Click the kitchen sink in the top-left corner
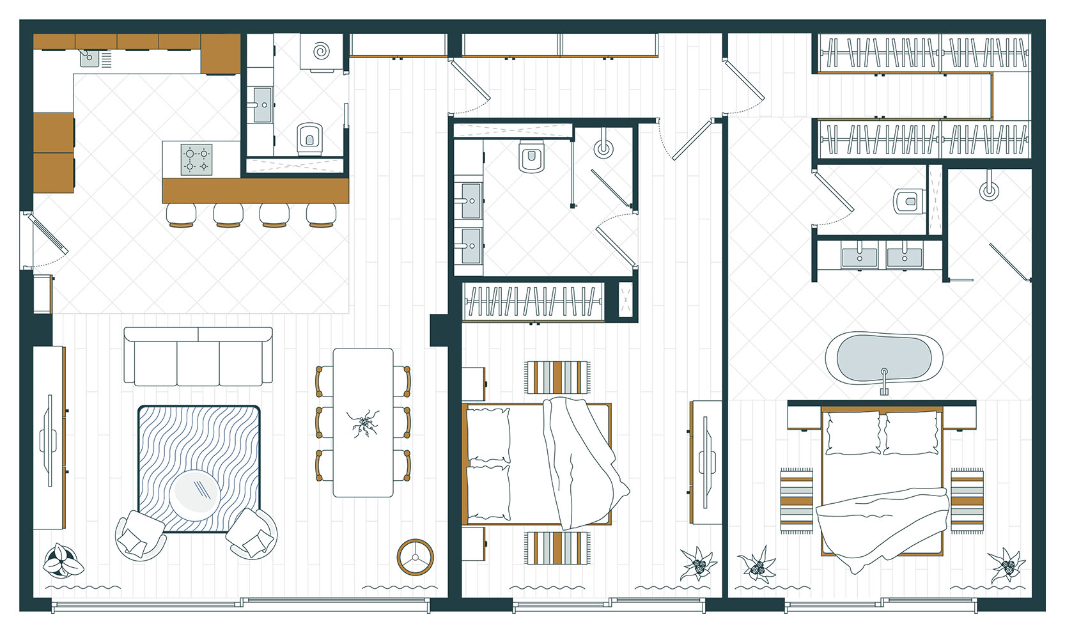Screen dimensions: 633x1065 tap(89, 59)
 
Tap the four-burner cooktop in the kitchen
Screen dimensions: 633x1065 tap(196, 159)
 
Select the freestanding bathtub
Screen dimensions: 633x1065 tap(883, 358)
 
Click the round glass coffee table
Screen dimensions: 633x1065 tap(196, 493)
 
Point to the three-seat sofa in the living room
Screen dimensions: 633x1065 tap(198, 357)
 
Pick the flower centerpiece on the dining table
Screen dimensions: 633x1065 tap(363, 423)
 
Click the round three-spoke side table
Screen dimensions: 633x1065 tap(415, 557)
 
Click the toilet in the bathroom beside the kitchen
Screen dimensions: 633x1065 tap(310, 138)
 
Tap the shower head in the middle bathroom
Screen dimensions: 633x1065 tap(603, 148)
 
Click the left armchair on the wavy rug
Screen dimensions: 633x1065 tap(139, 535)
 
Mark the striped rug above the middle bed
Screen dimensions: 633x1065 tap(557, 377)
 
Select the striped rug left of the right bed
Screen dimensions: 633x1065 tap(796, 501)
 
